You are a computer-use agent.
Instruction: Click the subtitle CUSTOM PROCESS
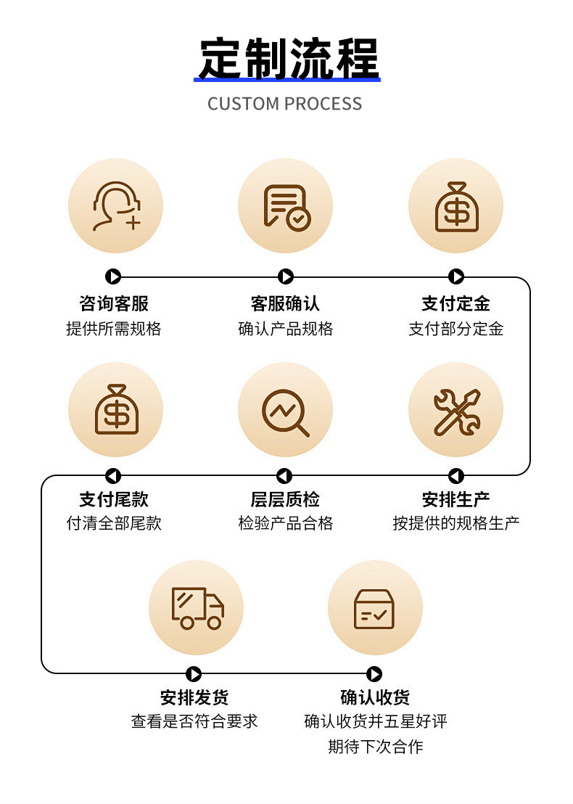284,104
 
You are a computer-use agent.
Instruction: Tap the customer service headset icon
115,206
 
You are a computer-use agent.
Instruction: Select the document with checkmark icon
286,206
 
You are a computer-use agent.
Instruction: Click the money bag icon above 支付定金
456,206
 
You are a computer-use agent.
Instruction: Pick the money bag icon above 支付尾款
115,409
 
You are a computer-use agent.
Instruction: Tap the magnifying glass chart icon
286,411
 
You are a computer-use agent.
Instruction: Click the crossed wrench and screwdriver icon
456,411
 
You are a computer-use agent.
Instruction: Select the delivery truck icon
197,608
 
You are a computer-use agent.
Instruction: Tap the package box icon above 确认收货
374,608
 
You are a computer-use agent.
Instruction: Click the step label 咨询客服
114,303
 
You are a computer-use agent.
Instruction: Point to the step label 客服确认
285,303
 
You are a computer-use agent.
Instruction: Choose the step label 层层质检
285,499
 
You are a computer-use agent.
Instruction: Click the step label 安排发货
194,697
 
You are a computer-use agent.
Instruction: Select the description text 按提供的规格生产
456,523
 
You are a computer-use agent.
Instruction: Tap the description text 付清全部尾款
114,523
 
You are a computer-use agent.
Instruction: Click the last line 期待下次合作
375,747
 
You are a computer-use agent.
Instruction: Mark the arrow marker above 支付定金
456,276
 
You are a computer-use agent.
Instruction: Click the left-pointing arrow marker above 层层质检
284,476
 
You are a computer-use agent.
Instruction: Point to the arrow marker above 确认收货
374,674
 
